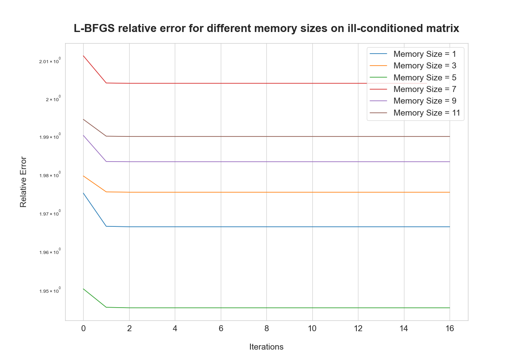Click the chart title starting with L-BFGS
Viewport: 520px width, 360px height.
point(266,28)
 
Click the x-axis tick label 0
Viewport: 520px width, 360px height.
point(83,328)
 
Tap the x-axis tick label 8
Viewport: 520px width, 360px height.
point(266,328)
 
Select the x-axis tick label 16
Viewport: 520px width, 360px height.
point(450,328)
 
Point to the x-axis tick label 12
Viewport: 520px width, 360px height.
point(358,328)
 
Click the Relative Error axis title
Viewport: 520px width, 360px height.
point(23,182)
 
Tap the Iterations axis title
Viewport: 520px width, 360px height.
point(266,347)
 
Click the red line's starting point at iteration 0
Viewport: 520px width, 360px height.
point(83,56)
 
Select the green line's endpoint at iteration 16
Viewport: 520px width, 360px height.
point(450,308)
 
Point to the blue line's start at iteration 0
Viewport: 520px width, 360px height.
point(83,193)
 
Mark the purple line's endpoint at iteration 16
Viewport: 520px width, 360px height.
point(450,162)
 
